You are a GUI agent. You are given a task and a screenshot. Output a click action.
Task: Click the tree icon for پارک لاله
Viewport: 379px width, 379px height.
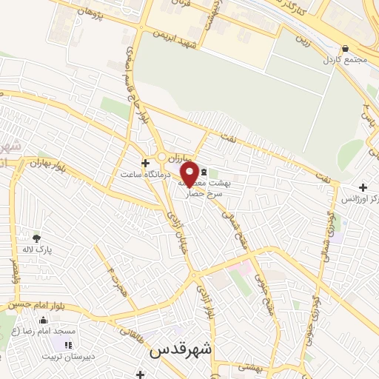click(x=36, y=238)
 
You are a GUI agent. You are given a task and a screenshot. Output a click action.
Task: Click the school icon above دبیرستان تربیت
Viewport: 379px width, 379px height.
click(x=68, y=345)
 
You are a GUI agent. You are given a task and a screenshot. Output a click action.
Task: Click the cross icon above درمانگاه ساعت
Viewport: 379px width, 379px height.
click(x=145, y=163)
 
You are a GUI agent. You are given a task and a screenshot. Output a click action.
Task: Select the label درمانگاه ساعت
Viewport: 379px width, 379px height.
click(x=146, y=175)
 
